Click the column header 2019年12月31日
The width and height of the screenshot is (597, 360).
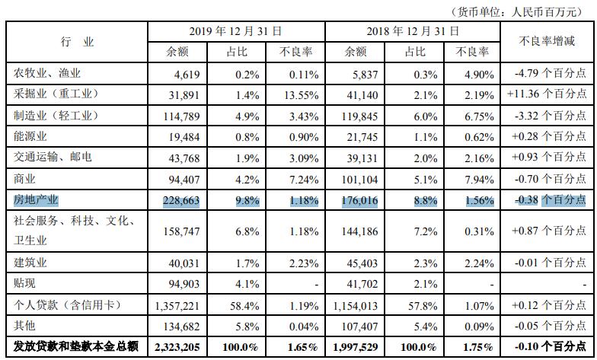[236, 31]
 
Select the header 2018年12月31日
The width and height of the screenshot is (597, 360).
[413, 31]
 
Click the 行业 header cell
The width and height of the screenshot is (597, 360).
[77, 42]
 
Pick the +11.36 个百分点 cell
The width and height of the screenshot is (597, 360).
[548, 95]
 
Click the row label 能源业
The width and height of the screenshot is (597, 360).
[33, 137]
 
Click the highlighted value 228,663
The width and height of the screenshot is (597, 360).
[180, 201]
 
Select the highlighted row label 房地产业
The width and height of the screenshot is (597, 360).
[37, 200]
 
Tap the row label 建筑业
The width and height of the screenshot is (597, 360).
[33, 262]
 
